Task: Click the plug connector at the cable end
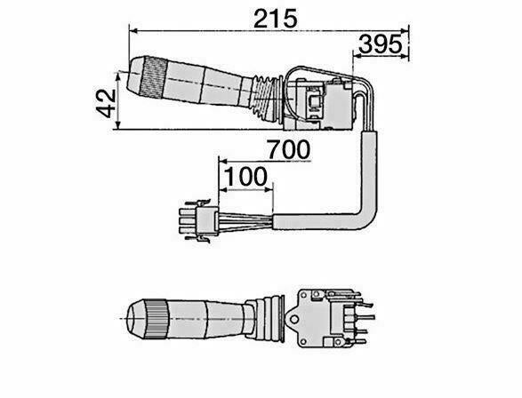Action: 198,222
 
